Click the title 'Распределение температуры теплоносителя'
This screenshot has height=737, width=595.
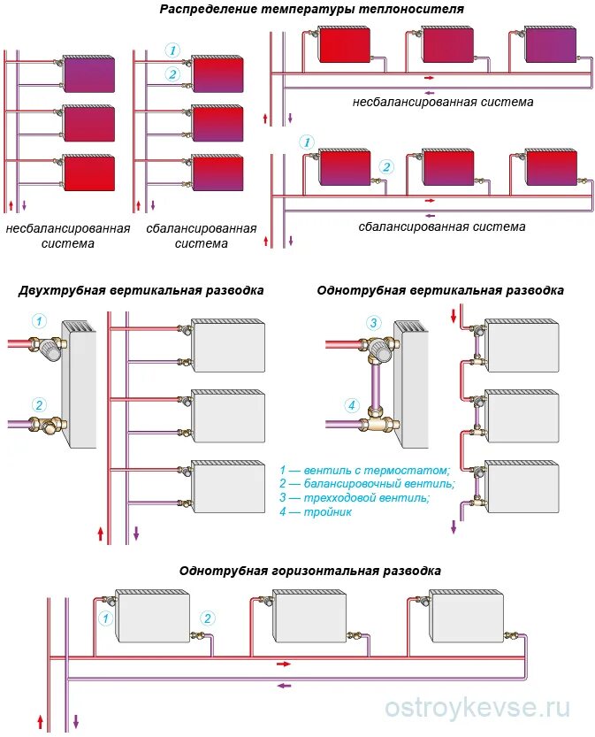click(311, 9)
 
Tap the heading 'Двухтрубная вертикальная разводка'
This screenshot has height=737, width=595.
click(141, 290)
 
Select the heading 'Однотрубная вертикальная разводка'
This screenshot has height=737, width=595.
click(439, 290)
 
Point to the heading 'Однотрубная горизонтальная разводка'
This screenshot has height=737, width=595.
click(309, 572)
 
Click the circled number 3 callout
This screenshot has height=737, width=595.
click(374, 323)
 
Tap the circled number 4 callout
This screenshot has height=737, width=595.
click(351, 407)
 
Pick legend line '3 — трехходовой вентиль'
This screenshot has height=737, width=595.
click(355, 498)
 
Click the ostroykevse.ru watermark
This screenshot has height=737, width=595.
click(478, 708)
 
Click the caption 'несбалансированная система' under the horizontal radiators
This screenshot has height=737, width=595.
click(443, 102)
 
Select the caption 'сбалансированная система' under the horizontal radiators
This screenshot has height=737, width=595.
click(442, 226)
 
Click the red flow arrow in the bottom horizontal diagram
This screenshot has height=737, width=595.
click(283, 663)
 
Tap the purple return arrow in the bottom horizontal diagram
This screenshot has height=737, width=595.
click(284, 684)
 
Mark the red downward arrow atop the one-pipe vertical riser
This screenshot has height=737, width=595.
click(454, 313)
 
